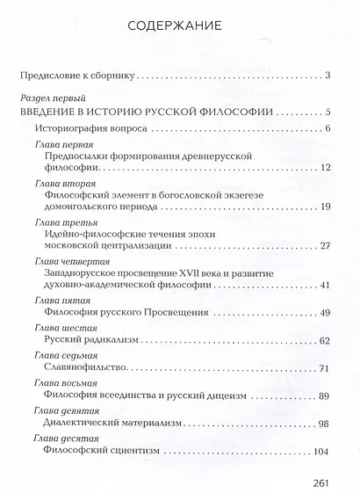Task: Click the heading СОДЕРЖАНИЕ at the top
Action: point(180,25)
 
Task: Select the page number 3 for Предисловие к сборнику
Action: point(326,76)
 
